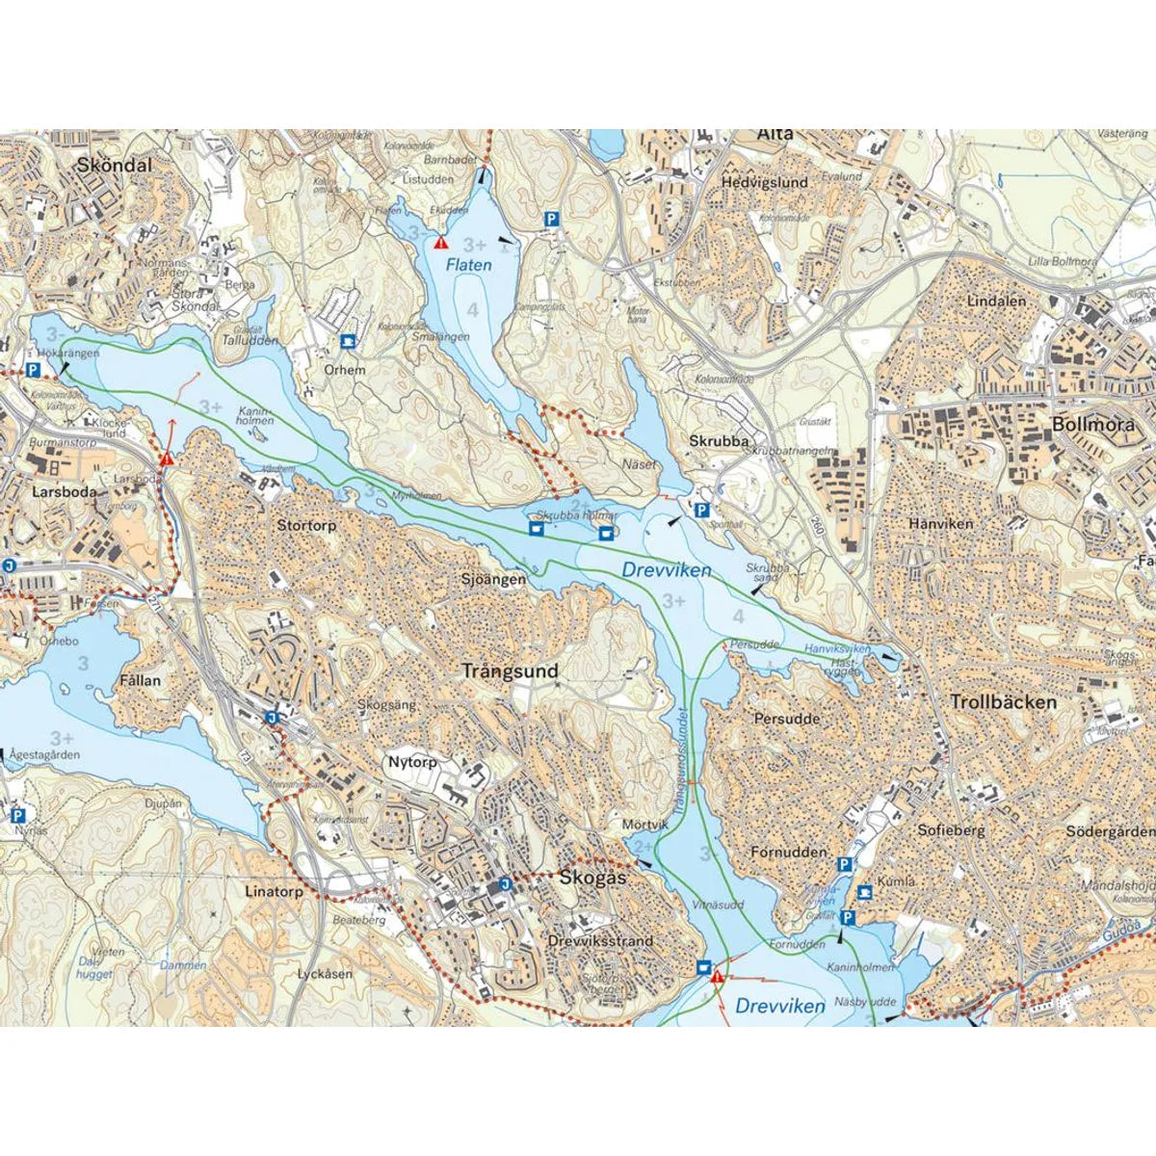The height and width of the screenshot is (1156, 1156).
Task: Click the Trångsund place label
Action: [x=510, y=671]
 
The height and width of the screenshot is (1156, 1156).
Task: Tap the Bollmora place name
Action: [x=1092, y=424]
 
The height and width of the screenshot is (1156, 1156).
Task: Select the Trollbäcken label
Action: [x=1003, y=702]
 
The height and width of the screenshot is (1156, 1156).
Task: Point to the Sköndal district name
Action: [x=115, y=166]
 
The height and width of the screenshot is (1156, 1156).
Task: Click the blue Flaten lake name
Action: [x=468, y=265]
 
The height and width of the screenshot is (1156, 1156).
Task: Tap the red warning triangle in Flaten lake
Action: [x=441, y=244]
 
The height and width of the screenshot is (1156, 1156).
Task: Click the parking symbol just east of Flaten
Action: [x=552, y=219]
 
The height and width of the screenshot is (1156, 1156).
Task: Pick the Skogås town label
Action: [x=592, y=878]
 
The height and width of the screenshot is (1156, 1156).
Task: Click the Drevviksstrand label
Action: [x=599, y=940]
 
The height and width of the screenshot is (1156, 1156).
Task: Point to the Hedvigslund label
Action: [x=765, y=182]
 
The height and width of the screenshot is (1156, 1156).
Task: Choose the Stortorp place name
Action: [x=306, y=526]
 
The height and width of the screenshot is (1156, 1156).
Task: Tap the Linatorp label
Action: [x=274, y=892]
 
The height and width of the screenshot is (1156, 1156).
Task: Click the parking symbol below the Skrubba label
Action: [x=702, y=511]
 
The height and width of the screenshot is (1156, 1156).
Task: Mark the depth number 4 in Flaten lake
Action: [x=472, y=309]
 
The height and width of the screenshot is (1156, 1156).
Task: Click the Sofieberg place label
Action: [x=951, y=828]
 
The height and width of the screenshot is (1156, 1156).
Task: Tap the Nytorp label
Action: [x=412, y=762]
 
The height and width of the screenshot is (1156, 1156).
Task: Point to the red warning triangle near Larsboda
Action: [x=168, y=459]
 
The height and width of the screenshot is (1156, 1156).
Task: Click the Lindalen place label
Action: [x=996, y=301]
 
